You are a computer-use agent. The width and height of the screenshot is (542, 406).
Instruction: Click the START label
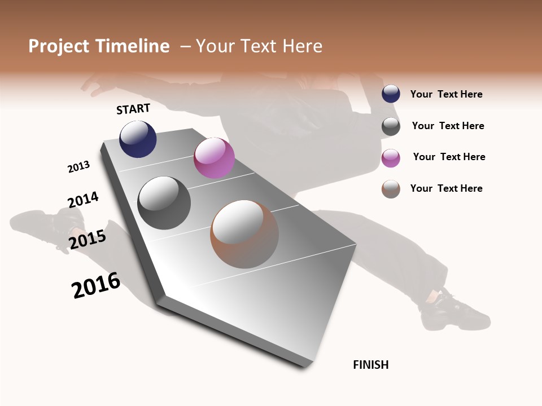point(133,109)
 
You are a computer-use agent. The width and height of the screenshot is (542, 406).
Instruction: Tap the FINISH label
point(370,365)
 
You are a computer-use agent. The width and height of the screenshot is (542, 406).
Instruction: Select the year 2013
point(78,167)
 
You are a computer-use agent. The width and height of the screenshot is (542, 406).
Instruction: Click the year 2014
point(83,200)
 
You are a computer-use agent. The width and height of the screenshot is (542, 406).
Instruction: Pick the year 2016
point(96,285)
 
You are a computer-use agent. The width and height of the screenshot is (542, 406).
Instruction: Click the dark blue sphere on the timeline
point(138,139)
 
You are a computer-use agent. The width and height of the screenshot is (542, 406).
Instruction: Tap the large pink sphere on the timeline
point(214,158)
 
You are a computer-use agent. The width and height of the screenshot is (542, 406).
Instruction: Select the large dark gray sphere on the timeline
point(164,202)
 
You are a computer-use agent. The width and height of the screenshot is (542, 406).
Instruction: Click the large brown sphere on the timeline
point(244,233)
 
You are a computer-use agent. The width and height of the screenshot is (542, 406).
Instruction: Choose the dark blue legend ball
point(391,94)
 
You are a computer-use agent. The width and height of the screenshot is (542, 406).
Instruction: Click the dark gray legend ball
point(391,126)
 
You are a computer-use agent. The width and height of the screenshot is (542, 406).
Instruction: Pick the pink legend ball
point(391,158)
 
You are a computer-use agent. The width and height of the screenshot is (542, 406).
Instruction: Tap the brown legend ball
point(391,189)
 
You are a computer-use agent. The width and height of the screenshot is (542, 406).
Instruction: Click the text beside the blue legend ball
point(446,95)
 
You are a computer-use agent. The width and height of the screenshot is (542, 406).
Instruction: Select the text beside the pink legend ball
point(449,157)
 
